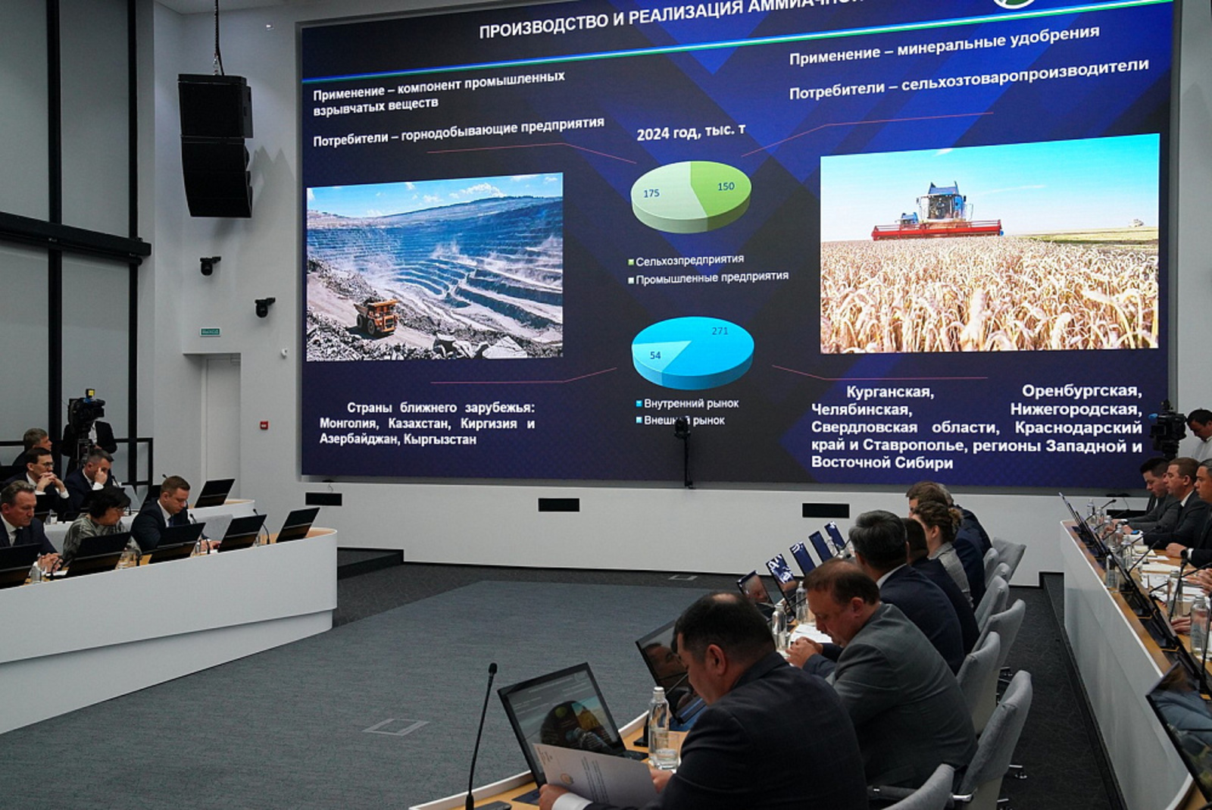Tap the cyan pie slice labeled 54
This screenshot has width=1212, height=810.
tap(658, 355)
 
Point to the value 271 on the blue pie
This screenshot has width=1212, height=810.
tap(720, 331)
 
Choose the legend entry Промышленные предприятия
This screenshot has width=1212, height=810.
tap(711, 278)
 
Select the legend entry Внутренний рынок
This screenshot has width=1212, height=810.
tap(690, 403)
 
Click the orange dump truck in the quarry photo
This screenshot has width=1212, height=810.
tap(376, 315)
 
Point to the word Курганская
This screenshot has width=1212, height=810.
tap(889, 392)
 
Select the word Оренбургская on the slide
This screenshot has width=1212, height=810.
tap(1081, 391)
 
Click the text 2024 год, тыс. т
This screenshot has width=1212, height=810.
tap(690, 132)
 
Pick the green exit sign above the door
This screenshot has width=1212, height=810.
tap(210, 331)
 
